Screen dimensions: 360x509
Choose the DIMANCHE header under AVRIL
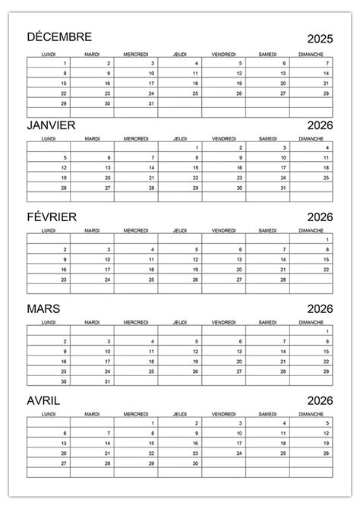point(311,415)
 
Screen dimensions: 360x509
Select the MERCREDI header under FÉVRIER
point(136,229)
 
